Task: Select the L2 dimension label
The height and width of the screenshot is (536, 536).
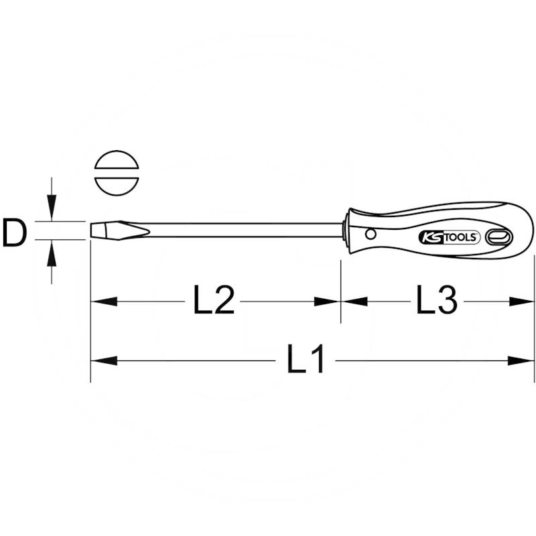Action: [214, 301]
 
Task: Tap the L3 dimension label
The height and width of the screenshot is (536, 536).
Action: [436, 301]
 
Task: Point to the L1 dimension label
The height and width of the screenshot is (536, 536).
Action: [306, 360]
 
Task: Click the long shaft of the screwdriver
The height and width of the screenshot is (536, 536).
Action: [241, 230]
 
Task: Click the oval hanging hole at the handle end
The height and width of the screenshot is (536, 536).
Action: [499, 237]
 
